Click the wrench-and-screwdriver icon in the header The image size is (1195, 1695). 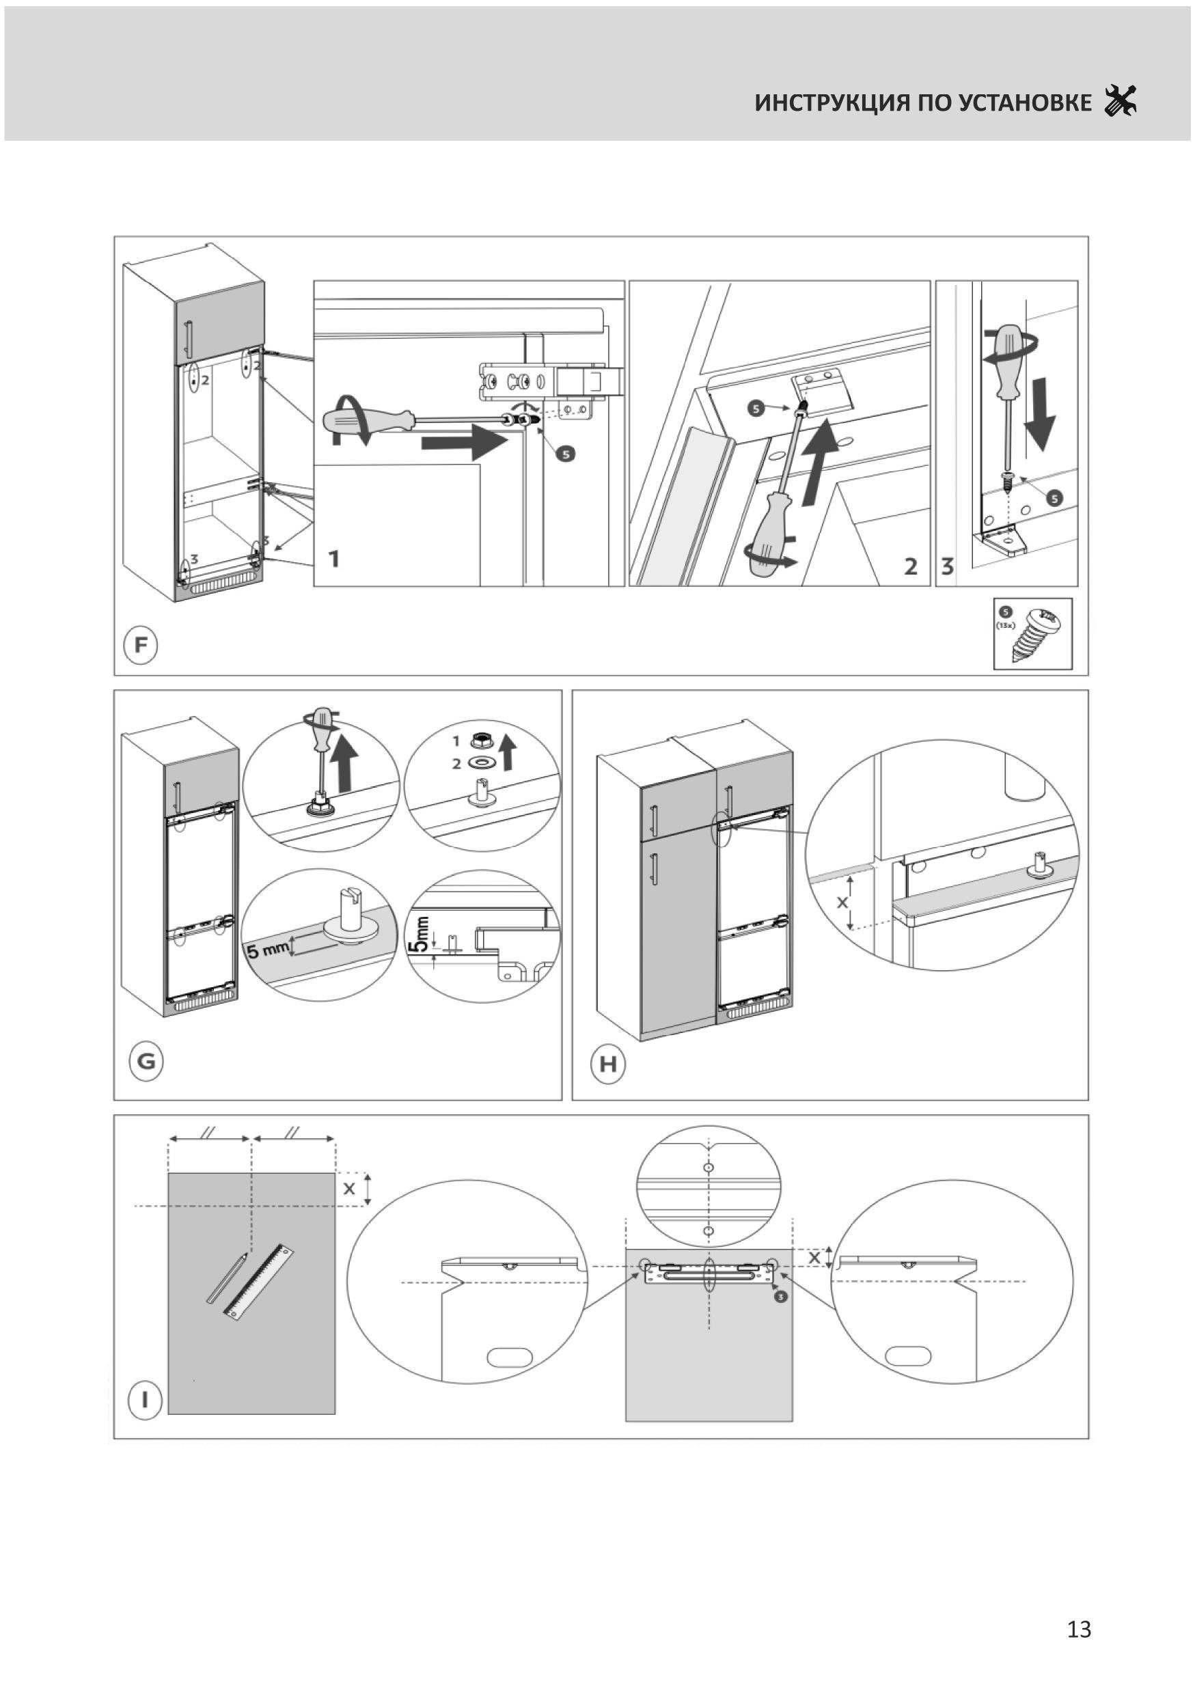[1120, 101]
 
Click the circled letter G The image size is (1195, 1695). [146, 1062]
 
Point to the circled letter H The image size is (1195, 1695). [607, 1064]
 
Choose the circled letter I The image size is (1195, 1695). [146, 1399]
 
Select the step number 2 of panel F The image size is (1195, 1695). [911, 567]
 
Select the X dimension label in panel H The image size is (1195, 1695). [842, 902]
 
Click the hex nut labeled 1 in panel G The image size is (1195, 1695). [478, 739]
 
